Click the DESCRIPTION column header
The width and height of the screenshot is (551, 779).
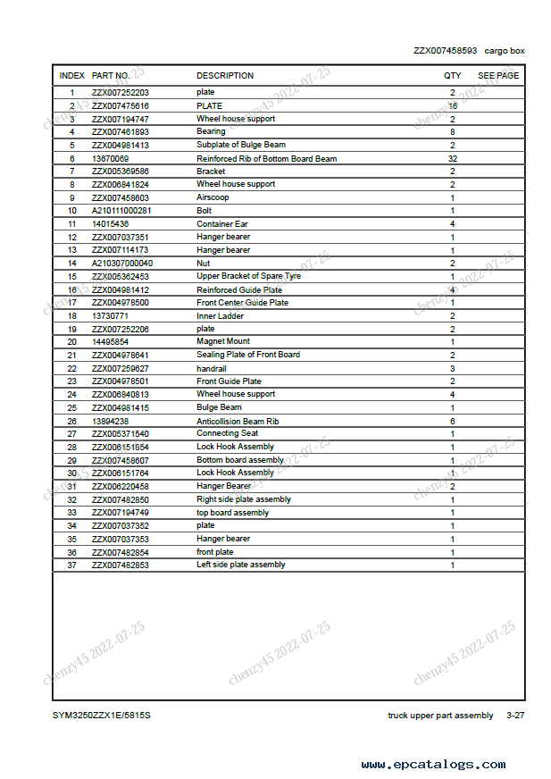(225, 76)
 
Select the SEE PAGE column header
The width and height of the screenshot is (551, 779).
(497, 76)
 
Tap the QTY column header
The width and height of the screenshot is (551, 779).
(453, 76)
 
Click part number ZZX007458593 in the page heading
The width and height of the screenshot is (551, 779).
(445, 51)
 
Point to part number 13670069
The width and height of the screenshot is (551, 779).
(110, 158)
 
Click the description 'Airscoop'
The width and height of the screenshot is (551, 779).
(213, 197)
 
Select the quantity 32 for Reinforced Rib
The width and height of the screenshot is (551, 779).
(453, 158)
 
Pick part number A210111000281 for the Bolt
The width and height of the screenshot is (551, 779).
(122, 211)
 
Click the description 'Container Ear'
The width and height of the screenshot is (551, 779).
(222, 223)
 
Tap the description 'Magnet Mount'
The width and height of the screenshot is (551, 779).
(223, 341)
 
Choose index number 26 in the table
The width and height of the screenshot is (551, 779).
(72, 421)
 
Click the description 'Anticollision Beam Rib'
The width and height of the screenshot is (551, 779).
(238, 421)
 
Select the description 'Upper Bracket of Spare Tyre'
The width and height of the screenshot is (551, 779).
(248, 276)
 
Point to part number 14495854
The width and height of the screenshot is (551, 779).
(110, 341)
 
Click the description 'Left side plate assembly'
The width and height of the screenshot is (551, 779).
(241, 565)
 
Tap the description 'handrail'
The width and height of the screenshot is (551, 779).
(213, 368)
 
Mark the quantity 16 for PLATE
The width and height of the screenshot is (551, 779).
(453, 105)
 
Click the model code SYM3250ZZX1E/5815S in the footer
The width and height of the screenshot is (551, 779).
(101, 716)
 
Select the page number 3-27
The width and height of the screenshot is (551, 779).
(514, 716)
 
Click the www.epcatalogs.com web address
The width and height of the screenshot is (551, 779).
(433, 765)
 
